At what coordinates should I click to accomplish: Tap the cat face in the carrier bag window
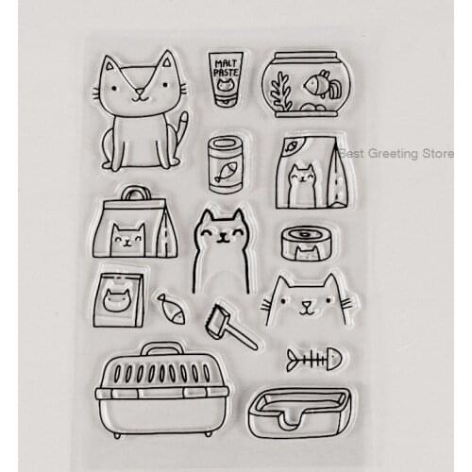tap(127, 240)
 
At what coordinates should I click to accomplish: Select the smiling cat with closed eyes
tap(220, 248)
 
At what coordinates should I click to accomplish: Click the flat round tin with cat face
tap(303, 244)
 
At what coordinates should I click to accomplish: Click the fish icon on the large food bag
tap(293, 146)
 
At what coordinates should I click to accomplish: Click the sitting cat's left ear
tap(111, 69)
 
